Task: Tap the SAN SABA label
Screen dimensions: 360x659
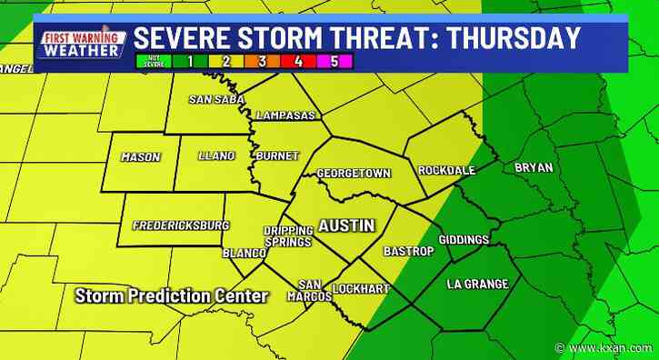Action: (214, 99)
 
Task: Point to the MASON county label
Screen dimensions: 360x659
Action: (140, 157)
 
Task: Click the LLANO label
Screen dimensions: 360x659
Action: (216, 156)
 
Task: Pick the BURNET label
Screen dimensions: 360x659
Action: (277, 156)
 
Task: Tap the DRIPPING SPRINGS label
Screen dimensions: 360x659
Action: (288, 236)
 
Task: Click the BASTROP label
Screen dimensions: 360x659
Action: (401, 249)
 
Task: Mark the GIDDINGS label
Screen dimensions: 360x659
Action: (464, 240)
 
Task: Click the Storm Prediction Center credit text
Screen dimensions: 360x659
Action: (172, 296)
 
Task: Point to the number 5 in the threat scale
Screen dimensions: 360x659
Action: (334, 63)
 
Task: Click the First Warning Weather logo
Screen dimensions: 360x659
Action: (81, 44)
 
